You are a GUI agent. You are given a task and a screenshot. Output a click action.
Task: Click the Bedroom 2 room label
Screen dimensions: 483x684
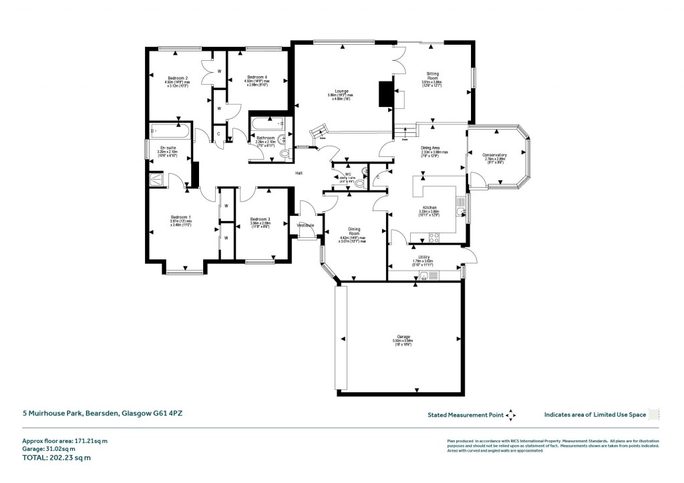pos(177,78)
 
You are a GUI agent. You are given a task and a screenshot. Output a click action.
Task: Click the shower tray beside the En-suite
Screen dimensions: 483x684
pos(158,178)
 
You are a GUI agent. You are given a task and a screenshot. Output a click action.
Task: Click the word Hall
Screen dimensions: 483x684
pos(300,174)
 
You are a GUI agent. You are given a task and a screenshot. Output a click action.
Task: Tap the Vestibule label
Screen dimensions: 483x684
pos(306,225)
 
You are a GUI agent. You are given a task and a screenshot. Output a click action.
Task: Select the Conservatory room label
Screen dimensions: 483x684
pos(495,155)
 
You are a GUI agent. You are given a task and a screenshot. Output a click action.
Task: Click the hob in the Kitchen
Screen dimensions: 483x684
pos(434,236)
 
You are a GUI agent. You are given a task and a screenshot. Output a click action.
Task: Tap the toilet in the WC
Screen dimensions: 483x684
pos(360,182)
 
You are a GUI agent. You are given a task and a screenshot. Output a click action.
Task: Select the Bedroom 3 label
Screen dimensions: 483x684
pos(260,219)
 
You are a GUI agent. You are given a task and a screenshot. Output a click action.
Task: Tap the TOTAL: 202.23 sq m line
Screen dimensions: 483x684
pos(51,458)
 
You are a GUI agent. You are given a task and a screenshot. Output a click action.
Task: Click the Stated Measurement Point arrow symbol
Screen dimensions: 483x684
pos(511,415)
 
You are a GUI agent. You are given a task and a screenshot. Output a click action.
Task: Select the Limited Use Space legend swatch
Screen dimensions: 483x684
pos(654,415)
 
